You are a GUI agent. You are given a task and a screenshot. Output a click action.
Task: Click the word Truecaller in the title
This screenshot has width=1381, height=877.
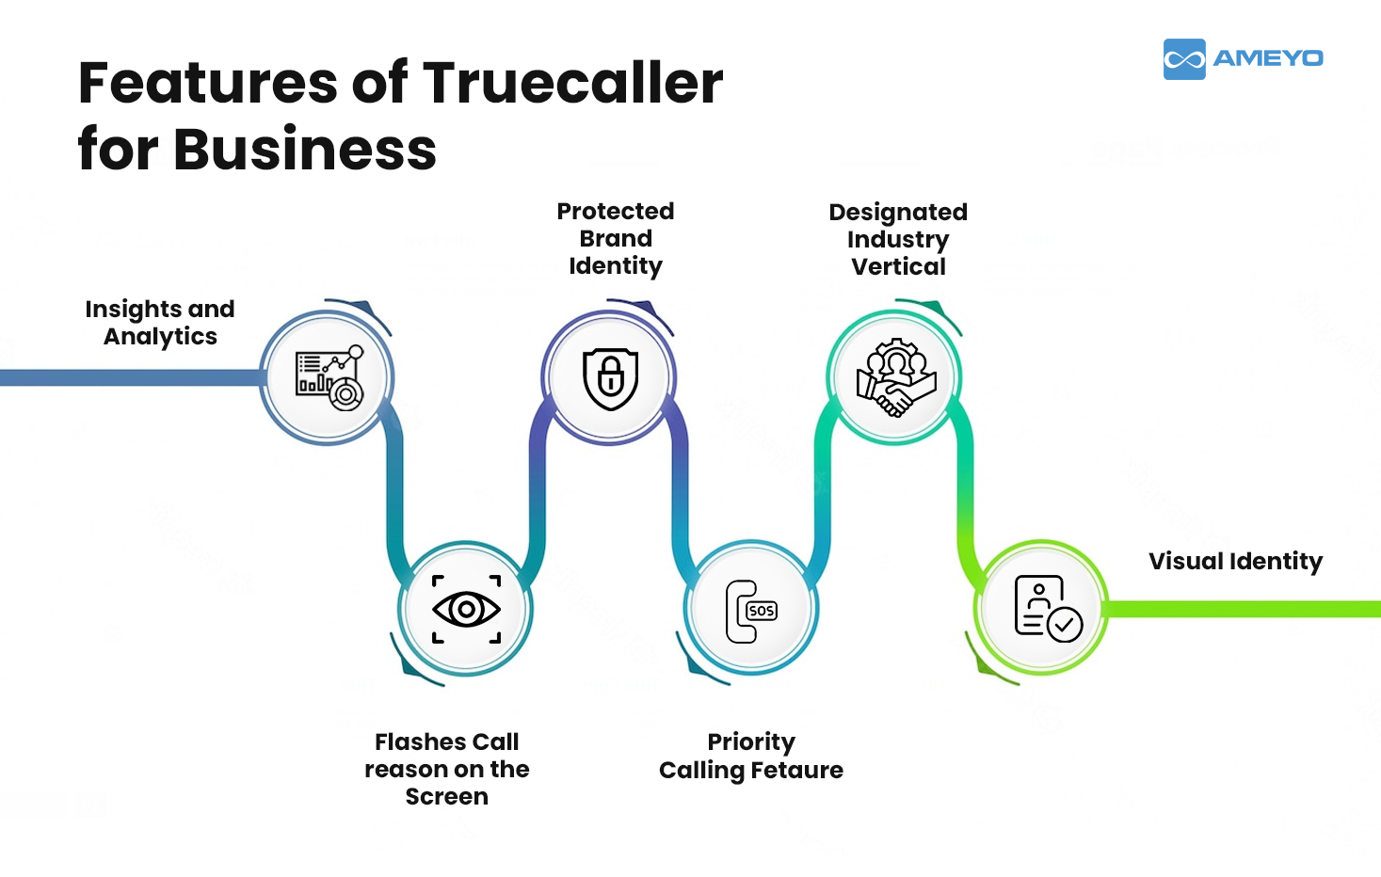coord(572,83)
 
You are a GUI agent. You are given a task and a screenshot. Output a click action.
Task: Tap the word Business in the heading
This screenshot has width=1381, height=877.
coord(305,150)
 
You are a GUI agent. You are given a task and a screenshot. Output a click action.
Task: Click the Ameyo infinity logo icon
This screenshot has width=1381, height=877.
coord(1183,59)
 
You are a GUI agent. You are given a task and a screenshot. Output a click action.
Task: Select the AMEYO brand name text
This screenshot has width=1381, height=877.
coord(1267,58)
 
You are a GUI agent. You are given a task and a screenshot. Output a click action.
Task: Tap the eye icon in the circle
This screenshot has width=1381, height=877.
coord(466,610)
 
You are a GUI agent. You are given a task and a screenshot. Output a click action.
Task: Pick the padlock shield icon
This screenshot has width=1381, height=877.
coord(611,378)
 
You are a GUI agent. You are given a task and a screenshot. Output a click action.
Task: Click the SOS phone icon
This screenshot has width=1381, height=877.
coord(751,611)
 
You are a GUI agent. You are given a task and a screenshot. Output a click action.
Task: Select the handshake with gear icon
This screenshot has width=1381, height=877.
coord(895,377)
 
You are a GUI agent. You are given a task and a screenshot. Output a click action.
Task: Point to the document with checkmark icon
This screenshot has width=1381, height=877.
coord(1046,609)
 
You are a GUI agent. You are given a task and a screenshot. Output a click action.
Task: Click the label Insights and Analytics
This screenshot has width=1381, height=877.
coord(160,323)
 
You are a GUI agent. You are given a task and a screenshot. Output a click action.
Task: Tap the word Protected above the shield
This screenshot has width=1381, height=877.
coord(616,211)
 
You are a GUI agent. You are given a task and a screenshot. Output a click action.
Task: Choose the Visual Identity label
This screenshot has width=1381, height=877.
coord(1235,562)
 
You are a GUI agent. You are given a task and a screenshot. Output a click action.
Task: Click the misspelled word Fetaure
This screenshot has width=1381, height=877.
coord(796,770)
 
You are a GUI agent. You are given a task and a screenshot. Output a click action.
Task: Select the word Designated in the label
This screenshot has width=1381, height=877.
coord(898,212)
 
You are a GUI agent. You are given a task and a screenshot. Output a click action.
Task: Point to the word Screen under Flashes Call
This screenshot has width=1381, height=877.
coord(447,796)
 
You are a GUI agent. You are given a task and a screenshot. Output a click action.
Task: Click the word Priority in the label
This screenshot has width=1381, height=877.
coord(751,742)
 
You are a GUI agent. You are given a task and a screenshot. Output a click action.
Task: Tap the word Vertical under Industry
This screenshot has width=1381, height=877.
coord(898,266)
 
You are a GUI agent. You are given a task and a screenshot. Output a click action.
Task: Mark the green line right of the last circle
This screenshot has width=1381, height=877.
coord(1243,609)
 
